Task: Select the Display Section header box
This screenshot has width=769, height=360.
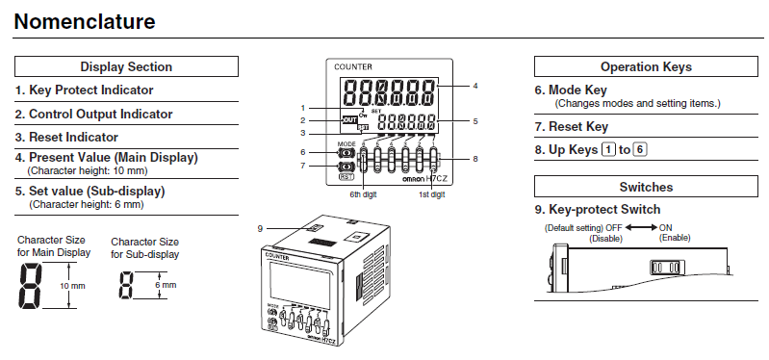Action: point(126,66)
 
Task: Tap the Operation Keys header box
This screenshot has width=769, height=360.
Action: point(645,66)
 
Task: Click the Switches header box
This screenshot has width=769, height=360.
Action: point(645,187)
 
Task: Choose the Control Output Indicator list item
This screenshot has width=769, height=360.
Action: point(93,114)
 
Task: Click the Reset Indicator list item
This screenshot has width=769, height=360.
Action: point(66,137)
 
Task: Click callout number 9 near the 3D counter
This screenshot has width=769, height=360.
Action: point(260,227)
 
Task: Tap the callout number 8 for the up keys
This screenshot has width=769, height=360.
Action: point(474,158)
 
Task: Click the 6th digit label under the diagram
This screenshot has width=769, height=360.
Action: point(364,194)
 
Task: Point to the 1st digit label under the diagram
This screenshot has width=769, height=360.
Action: point(431,194)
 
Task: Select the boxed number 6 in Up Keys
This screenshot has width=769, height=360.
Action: point(640,149)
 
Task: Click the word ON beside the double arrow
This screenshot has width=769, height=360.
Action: point(665,226)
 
